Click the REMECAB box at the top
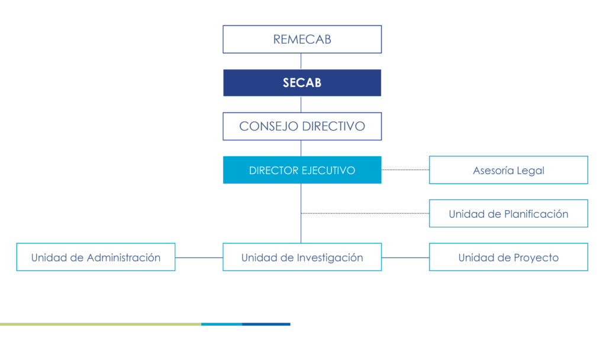click(x=302, y=40)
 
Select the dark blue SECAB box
click(x=302, y=83)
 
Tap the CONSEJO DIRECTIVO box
click(x=302, y=126)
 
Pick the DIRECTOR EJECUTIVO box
click(x=302, y=171)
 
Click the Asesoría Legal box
click(x=508, y=171)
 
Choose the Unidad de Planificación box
click(x=508, y=214)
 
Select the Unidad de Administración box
click(x=96, y=258)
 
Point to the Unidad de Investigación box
click(x=302, y=258)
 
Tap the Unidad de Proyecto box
click(x=508, y=258)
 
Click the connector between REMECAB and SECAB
click(x=301, y=61)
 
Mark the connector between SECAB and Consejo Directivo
click(x=301, y=105)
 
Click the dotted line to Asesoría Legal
click(x=405, y=170)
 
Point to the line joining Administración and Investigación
click(x=199, y=258)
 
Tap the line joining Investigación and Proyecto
click(x=405, y=258)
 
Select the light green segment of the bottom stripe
click(x=101, y=324)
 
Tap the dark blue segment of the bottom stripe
click(x=266, y=324)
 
